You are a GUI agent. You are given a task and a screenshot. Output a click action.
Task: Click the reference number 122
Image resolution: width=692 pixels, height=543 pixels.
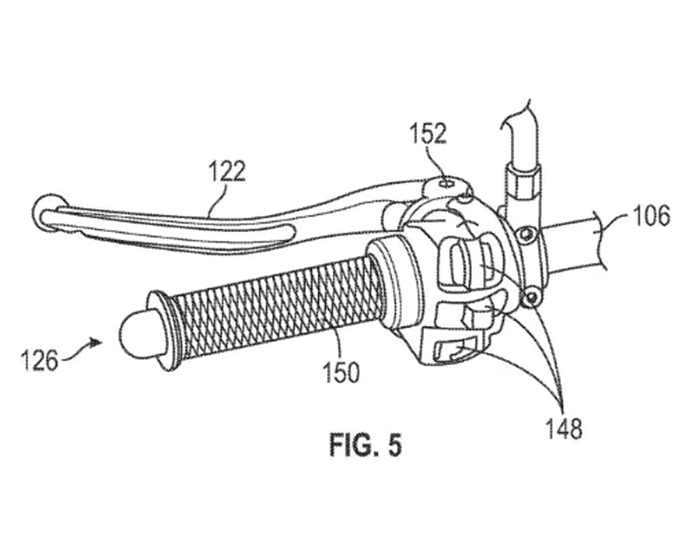(227, 172)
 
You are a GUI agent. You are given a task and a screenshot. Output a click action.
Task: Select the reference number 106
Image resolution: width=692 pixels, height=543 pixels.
(651, 217)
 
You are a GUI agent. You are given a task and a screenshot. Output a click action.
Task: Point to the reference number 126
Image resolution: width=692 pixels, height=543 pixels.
(40, 360)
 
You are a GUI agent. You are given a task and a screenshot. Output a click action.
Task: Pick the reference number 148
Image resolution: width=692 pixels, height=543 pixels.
(564, 428)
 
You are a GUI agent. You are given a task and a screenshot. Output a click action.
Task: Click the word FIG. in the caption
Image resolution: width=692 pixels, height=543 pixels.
(350, 445)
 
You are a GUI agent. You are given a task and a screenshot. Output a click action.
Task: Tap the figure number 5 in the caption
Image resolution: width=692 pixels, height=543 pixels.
(395, 445)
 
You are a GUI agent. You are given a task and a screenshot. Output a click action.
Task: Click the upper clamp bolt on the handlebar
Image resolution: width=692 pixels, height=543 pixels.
(525, 233)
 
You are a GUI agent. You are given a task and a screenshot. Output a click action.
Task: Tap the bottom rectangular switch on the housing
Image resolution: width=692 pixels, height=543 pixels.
(451, 348)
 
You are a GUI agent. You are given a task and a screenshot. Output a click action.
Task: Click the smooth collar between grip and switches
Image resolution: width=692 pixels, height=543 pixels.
(393, 282)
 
